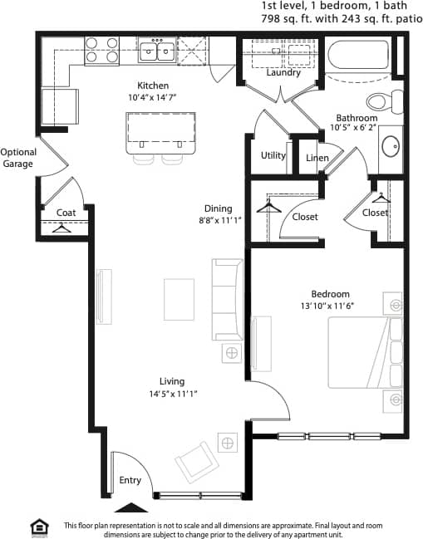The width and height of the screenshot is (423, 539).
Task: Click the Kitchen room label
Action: (153, 86)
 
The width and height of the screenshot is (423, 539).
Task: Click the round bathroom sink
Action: (391, 147)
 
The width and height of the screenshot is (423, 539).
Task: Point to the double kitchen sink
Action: (157, 52)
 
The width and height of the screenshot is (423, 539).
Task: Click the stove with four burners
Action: (102, 51)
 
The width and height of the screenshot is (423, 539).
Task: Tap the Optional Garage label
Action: (17, 158)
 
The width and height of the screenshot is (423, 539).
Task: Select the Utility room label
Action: (273, 155)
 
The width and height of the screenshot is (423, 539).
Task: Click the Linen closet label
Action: (317, 158)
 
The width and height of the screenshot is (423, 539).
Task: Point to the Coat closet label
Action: (66, 213)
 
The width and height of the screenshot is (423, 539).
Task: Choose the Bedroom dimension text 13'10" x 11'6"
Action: (330, 306)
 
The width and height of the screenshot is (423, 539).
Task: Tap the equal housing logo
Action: (38, 527)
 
